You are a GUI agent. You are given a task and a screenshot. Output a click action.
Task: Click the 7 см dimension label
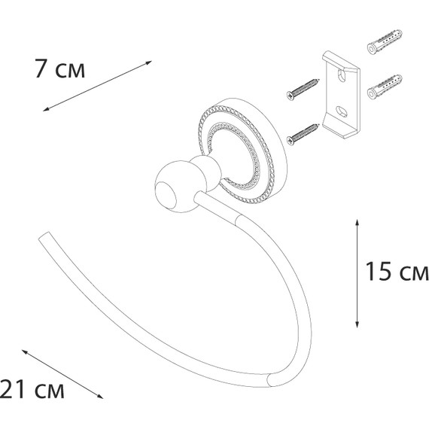coord(60,68)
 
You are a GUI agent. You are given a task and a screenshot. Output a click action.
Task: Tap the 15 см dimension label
coord(397,271)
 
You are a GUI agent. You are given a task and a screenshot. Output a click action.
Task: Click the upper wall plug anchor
coord(385,41)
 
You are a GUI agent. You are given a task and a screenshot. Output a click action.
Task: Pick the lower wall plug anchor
coord(385,87)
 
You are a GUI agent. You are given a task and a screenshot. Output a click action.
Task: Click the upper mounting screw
coord(303,89)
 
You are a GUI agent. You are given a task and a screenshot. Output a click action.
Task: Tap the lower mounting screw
coord(303,134)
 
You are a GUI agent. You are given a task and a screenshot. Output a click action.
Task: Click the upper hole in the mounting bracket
coord(342,76)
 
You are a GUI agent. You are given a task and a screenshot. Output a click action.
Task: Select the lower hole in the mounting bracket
coord(342,111)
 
